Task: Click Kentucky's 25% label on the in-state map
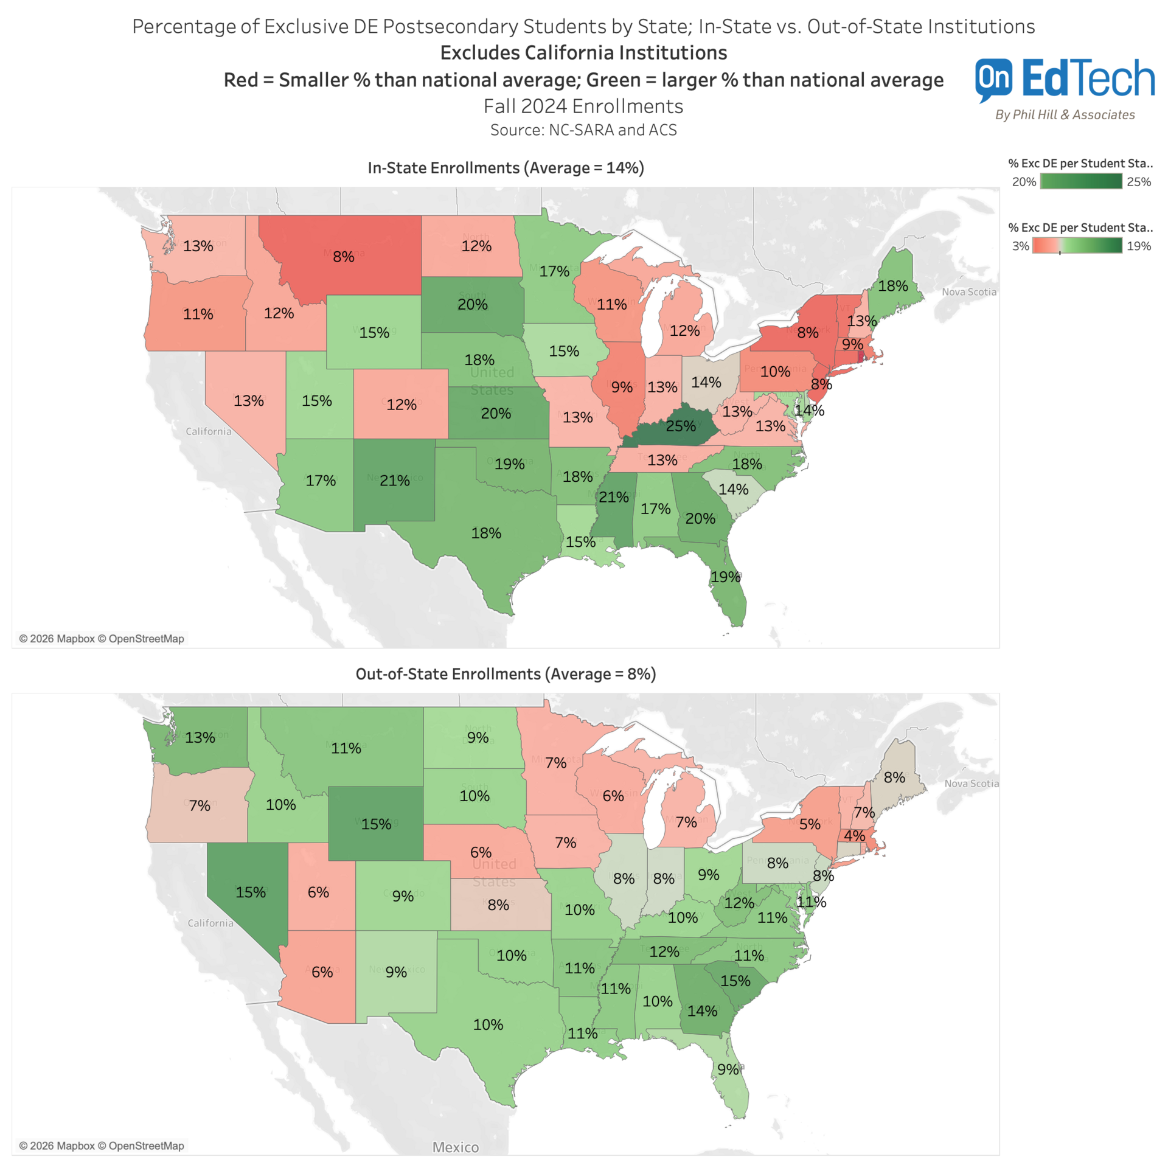pyautogui.click(x=680, y=426)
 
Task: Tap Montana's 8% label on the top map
pyautogui.click(x=344, y=257)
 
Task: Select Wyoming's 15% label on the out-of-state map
pyautogui.click(x=376, y=824)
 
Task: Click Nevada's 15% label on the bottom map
pyautogui.click(x=251, y=892)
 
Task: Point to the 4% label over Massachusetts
pyautogui.click(x=854, y=836)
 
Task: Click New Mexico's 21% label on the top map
pyautogui.click(x=395, y=481)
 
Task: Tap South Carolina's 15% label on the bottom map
pyautogui.click(x=735, y=981)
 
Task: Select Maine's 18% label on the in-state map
pyautogui.click(x=893, y=286)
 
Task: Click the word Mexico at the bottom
pyautogui.click(x=456, y=1147)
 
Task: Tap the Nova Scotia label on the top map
pyautogui.click(x=969, y=292)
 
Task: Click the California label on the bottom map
pyautogui.click(x=210, y=923)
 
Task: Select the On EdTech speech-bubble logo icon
pyautogui.click(x=993, y=79)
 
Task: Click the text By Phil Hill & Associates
pyautogui.click(x=1065, y=115)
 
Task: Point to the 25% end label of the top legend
pyautogui.click(x=1139, y=182)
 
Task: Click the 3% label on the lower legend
pyautogui.click(x=1020, y=246)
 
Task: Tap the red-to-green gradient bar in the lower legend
pyautogui.click(x=1077, y=246)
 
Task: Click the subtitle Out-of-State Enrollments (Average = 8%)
pyautogui.click(x=506, y=674)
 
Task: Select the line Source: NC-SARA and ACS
pyautogui.click(x=583, y=130)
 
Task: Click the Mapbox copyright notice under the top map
pyautogui.click(x=102, y=639)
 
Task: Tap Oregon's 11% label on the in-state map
pyautogui.click(x=198, y=315)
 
